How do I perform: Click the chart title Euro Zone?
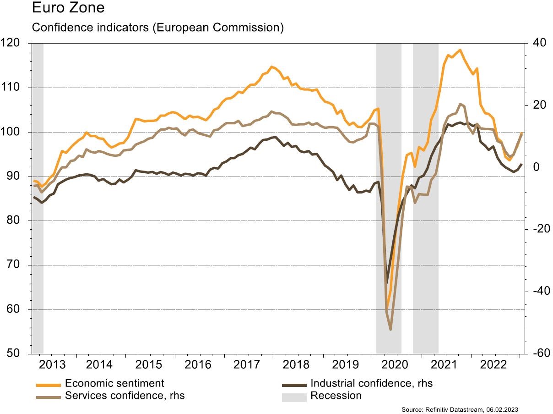tap(68, 8)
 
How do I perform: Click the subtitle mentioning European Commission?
tap(157, 28)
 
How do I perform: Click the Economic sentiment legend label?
tap(114, 383)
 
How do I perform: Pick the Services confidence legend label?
tap(125, 395)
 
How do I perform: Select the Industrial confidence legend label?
tap(371, 383)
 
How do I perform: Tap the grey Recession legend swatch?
tap(293, 396)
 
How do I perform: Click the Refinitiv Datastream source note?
tap(462, 409)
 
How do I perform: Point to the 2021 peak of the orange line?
tap(460, 50)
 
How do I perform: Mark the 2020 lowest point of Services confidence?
tap(390, 330)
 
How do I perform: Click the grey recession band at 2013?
tap(38, 197)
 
